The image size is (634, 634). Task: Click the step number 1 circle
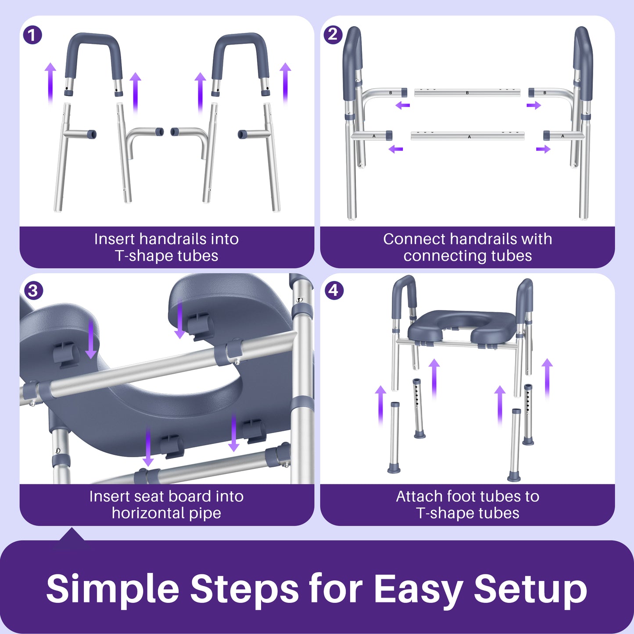coord(32,35)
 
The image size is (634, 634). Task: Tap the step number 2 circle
coord(333,34)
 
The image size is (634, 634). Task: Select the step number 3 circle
coord(33,290)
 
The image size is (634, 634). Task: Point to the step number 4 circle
coord(333,290)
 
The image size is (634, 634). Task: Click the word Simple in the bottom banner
coord(112,589)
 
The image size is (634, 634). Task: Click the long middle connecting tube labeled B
coord(467,93)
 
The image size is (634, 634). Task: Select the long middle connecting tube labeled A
coord(468,136)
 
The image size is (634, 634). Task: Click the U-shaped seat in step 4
coord(456,327)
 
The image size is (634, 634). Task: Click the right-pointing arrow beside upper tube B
coord(534,105)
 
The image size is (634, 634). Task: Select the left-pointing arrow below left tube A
coord(396,149)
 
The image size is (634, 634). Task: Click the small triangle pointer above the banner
coord(72,534)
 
